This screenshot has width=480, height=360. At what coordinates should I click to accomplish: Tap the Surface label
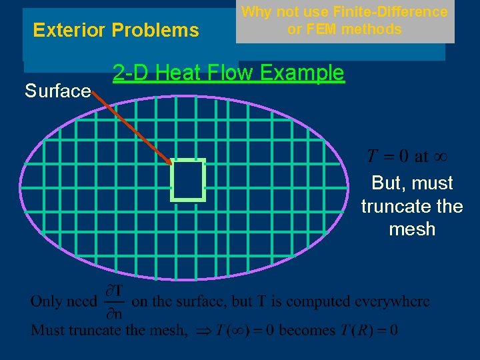tap(57, 91)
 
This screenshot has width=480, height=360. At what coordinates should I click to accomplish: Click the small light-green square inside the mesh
tap(188, 180)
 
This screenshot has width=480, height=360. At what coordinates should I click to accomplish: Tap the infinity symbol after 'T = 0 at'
tap(440, 157)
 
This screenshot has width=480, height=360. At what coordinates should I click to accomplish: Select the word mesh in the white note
tap(412, 229)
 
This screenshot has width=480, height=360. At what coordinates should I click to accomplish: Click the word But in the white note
tap(386, 183)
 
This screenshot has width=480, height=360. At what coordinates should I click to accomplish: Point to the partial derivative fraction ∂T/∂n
tap(115, 302)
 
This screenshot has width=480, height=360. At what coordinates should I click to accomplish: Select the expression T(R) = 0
tap(371, 330)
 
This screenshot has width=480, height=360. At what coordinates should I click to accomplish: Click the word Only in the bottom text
tap(47, 301)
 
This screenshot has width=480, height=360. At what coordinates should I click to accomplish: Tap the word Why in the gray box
tap(255, 11)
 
